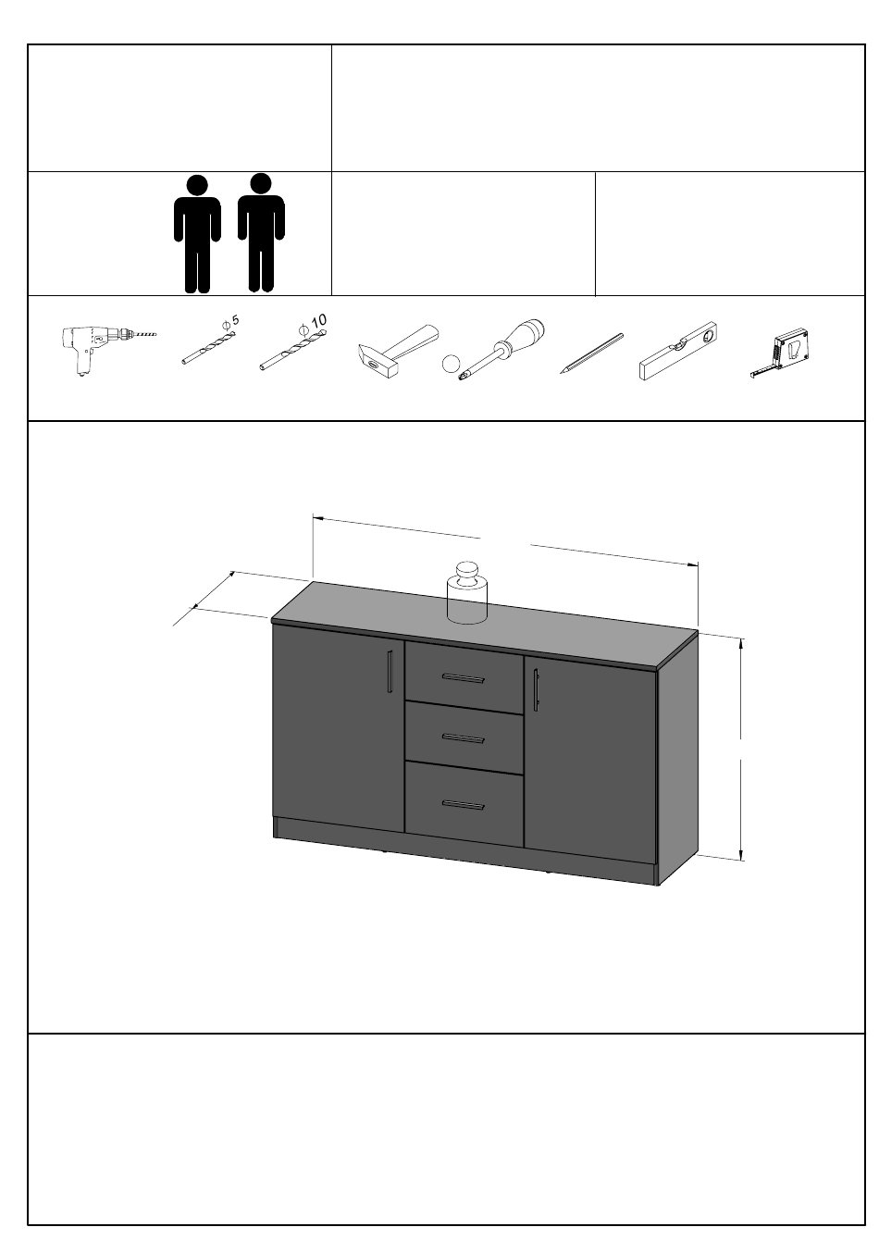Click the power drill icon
pos(106,350)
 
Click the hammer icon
pos(397,350)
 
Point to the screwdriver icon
pos(501,350)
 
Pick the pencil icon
pos(591,353)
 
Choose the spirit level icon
pos(678,351)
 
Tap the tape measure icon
pos(781,353)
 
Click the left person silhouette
pos(197,234)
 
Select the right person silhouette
pos(261,232)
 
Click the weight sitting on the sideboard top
pos(466,592)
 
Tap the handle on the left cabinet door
pos(390,671)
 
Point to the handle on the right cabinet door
pos(536,689)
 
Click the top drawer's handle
pos(463,678)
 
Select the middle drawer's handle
pos(463,738)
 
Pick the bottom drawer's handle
pos(463,804)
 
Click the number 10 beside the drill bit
pos(318,321)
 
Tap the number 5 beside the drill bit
pos(235,319)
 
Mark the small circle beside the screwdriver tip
pos(451,364)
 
